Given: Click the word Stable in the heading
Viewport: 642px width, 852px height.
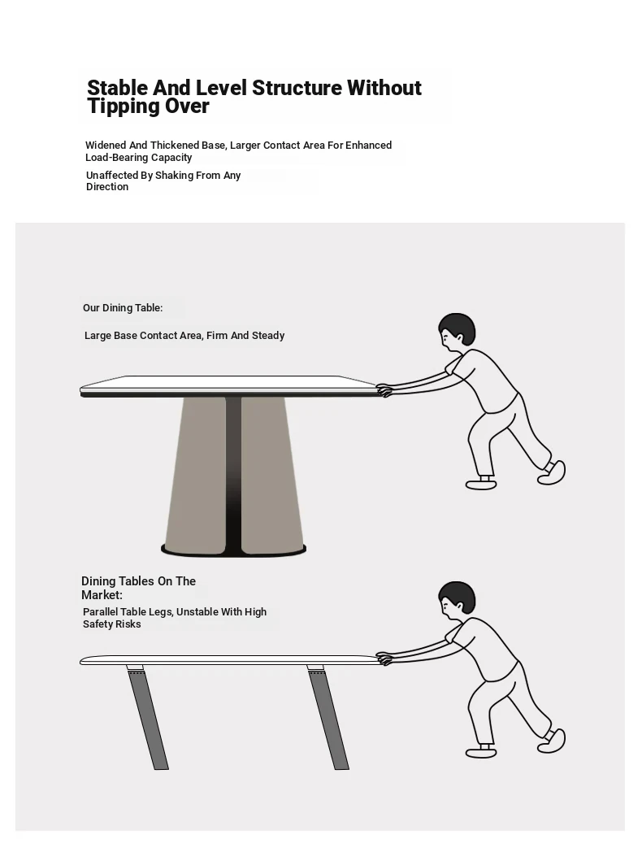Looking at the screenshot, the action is point(117,88).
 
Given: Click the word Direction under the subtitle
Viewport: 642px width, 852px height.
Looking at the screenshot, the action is point(107,187).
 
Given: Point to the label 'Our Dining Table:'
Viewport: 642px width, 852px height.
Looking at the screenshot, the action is point(123,308).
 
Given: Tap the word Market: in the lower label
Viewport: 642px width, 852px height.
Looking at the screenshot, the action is point(102,595).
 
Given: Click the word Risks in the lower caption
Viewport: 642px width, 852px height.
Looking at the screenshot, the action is point(128,624).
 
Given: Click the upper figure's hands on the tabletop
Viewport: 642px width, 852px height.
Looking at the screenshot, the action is point(384,390).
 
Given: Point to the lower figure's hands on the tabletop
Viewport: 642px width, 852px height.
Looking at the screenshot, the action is point(384,659).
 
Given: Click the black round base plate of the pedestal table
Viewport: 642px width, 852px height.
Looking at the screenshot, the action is point(233,550).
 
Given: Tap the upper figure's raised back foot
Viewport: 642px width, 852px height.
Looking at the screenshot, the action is point(552,472).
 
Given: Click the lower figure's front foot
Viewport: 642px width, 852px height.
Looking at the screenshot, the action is point(481,752).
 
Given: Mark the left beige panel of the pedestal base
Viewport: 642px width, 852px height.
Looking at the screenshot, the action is point(197,472).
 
